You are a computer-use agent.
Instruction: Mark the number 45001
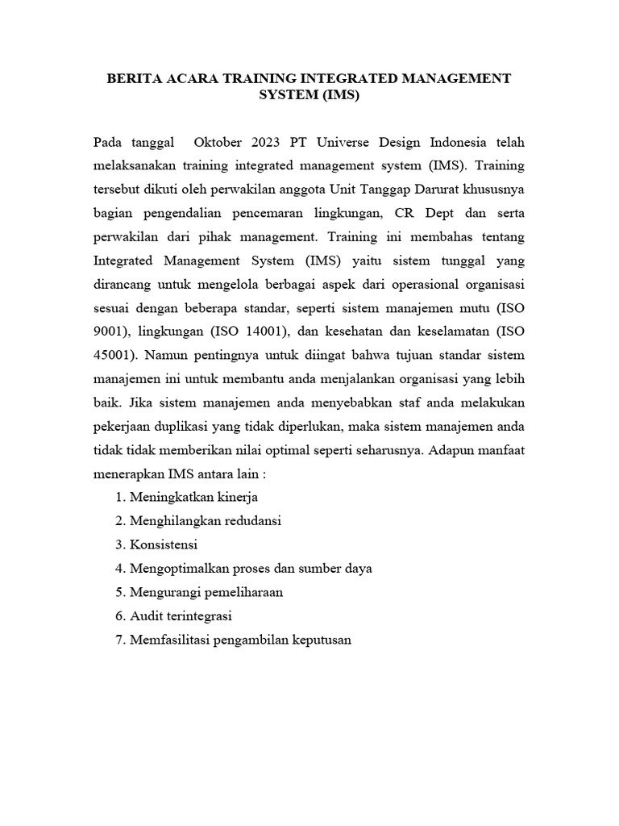[115, 357]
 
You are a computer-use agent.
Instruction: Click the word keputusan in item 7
[320, 640]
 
